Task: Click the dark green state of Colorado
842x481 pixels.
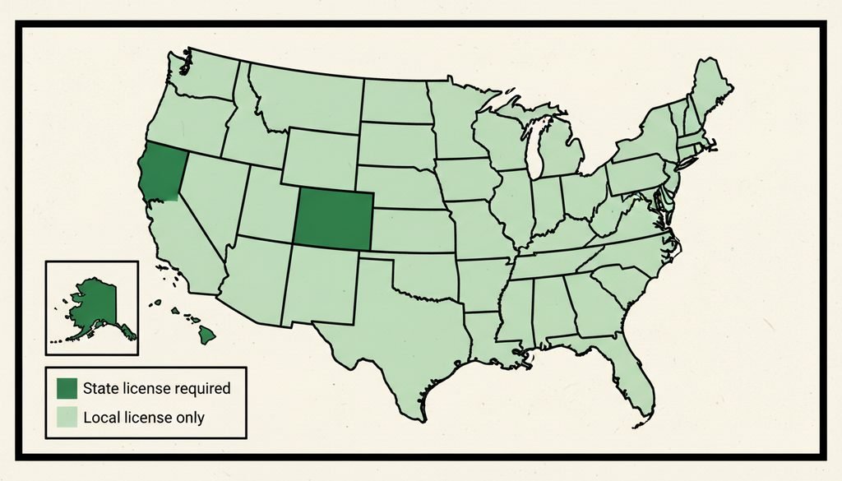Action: pyautogui.click(x=333, y=217)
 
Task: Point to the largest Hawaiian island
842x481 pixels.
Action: pyautogui.click(x=209, y=332)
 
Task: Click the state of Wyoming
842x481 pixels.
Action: pyautogui.click(x=321, y=156)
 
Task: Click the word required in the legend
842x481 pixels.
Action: pyautogui.click(x=201, y=388)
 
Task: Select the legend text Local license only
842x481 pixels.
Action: pyautogui.click(x=144, y=418)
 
